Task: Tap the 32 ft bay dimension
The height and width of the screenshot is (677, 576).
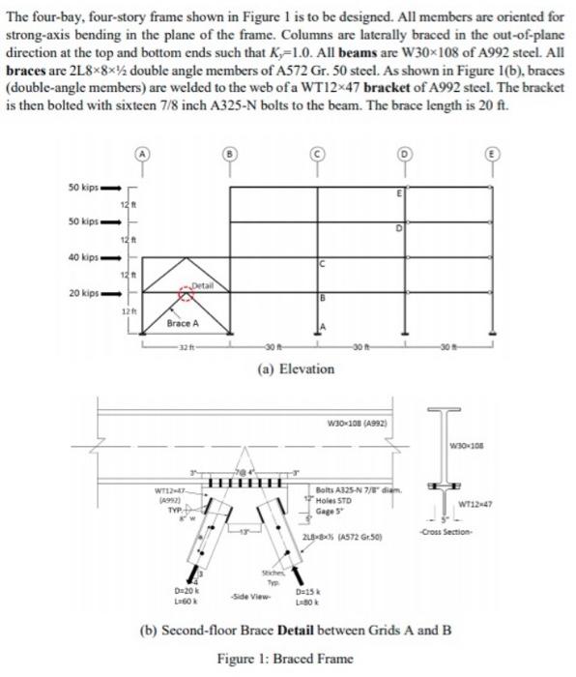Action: point(185,349)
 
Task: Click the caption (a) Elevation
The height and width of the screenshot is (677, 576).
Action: point(287,368)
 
